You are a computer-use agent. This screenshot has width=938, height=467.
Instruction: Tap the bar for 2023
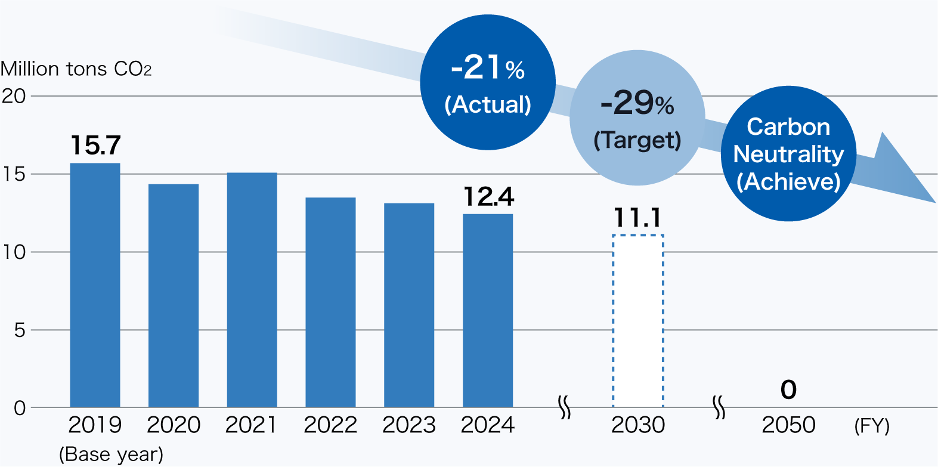pyautogui.click(x=409, y=305)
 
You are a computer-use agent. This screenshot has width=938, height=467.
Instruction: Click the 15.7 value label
pyautogui.click(x=95, y=146)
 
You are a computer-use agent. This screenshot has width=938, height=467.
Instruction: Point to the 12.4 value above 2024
pyautogui.click(x=488, y=197)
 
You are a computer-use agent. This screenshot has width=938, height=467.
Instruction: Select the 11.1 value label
pyautogui.click(x=637, y=218)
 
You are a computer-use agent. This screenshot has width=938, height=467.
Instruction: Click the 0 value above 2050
pyautogui.click(x=788, y=390)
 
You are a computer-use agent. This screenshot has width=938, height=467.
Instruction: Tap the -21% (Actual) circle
pyautogui.click(x=488, y=82)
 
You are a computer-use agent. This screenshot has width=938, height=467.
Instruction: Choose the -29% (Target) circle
pyautogui.click(x=637, y=118)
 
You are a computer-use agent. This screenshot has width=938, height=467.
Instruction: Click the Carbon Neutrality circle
pyautogui.click(x=788, y=154)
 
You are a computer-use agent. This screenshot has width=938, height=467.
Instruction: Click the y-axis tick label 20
pyautogui.click(x=14, y=96)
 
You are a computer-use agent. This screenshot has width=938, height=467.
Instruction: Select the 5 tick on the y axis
pyautogui.click(x=20, y=330)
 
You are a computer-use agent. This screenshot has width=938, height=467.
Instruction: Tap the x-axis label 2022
pyautogui.click(x=330, y=425)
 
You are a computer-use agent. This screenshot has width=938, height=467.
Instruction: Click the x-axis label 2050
pyautogui.click(x=788, y=425)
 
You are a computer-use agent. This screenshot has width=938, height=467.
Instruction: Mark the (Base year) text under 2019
pyautogui.click(x=111, y=454)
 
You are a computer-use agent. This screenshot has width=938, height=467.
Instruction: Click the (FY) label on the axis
pyautogui.click(x=871, y=426)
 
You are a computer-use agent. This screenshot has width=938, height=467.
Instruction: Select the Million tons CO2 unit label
pyautogui.click(x=76, y=69)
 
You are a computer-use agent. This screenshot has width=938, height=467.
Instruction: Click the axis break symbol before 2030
pyautogui.click(x=564, y=407)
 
